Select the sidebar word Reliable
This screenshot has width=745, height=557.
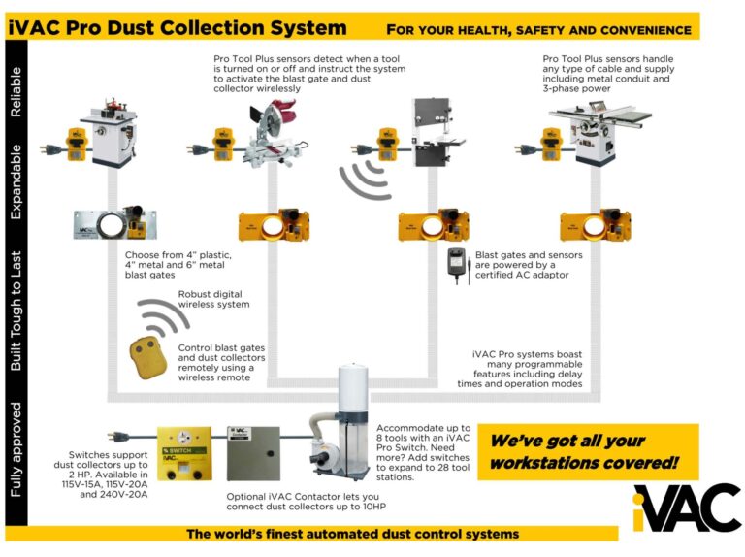pyautogui.click(x=16, y=93)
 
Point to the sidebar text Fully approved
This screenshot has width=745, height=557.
pyautogui.click(x=16, y=448)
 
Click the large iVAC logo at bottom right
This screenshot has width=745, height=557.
pyautogui.click(x=686, y=506)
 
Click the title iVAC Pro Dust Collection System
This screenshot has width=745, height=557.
pyautogui.click(x=177, y=28)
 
